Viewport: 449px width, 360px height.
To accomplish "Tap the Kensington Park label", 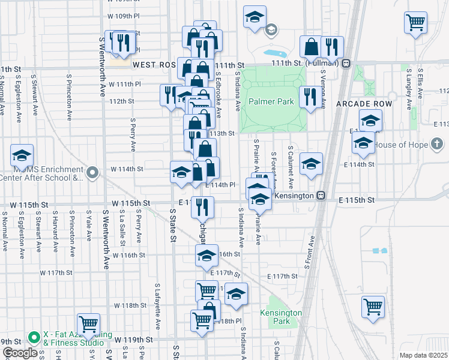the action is [x=281, y=317].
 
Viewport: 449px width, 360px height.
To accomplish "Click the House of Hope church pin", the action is [x=438, y=145].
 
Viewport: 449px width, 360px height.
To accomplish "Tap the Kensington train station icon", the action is [x=322, y=196].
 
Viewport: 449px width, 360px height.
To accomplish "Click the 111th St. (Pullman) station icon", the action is [x=346, y=64].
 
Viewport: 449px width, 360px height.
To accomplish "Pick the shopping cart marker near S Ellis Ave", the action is [x=416, y=23].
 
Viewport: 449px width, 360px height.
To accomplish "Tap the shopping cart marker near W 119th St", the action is [x=89, y=324].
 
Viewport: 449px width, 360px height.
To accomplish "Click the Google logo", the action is [x=20, y=352].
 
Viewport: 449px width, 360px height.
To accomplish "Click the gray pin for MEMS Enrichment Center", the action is [x=92, y=173].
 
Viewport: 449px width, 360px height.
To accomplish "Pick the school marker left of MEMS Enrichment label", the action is [x=22, y=156].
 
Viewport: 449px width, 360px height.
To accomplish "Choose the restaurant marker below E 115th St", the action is [x=202, y=207].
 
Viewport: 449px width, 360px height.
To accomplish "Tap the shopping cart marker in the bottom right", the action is [x=373, y=307].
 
